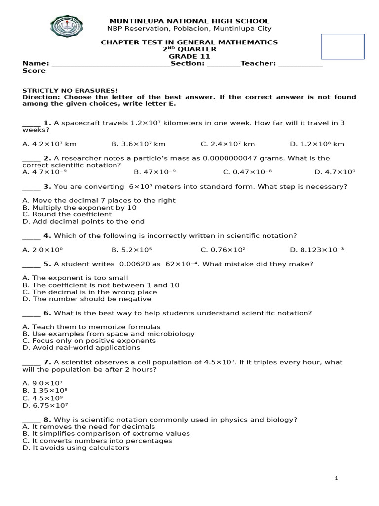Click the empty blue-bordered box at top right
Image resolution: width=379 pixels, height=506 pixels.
click(342, 46)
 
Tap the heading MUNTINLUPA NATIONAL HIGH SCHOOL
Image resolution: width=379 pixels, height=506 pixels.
click(189, 21)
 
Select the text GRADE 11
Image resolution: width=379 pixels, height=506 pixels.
click(189, 56)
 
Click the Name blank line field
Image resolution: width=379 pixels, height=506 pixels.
click(111, 64)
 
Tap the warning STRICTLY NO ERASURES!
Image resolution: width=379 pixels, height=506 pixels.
click(70, 90)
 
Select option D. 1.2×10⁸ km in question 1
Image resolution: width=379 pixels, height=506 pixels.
click(317, 144)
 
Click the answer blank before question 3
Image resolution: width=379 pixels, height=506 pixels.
click(32, 187)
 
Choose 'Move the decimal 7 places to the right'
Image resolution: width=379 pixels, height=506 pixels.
click(99, 201)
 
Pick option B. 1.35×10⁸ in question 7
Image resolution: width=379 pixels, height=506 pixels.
click(45, 390)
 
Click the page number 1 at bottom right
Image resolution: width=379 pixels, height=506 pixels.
click(336, 478)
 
